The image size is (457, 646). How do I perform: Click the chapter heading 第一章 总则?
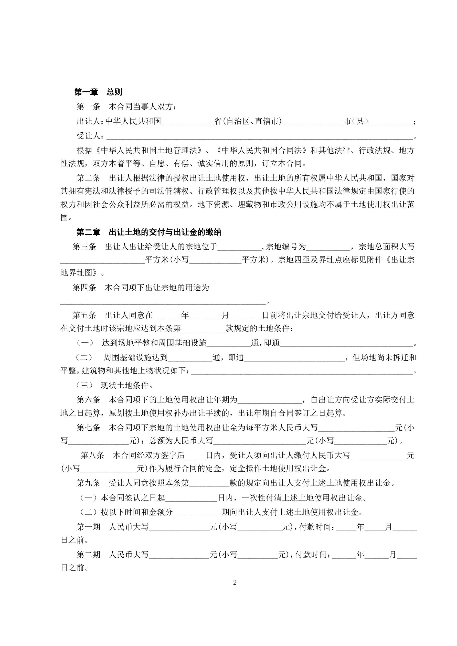[x=98, y=92]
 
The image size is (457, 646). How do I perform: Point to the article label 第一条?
[x=88, y=107]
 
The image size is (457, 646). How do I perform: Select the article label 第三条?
[x=84, y=247]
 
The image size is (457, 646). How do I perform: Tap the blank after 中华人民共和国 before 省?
[x=187, y=122]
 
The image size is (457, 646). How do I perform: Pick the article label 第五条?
[x=84, y=315]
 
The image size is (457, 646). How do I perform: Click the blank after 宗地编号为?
[x=328, y=247]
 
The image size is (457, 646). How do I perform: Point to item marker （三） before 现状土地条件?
[x=84, y=385]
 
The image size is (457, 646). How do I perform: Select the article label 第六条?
[x=88, y=399]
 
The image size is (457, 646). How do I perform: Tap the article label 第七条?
[x=88, y=428]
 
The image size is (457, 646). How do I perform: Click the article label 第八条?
[x=92, y=455]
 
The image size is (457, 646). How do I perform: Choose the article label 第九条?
[x=88, y=483]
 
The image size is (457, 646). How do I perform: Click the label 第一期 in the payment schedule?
[x=88, y=527]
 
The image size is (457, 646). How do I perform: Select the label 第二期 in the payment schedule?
[x=88, y=555]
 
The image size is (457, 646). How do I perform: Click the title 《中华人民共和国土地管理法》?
[x=148, y=150]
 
